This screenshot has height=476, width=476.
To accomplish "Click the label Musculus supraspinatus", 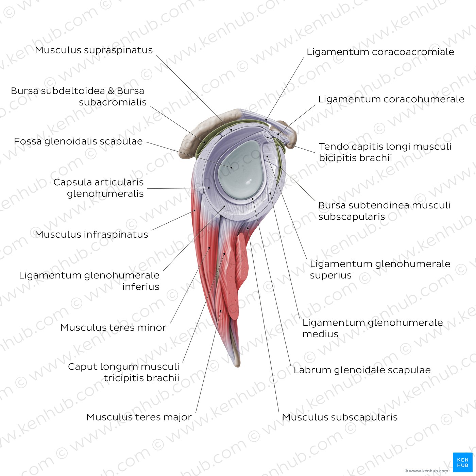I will point(94,50).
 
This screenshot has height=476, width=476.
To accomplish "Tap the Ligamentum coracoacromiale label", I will point(380,52).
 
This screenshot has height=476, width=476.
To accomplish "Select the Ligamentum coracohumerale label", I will point(391,99).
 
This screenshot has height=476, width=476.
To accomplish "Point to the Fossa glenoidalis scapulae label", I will point(78,141).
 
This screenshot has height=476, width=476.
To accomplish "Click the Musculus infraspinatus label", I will point(91,235).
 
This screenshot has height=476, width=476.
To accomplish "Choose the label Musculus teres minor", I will point(113,328).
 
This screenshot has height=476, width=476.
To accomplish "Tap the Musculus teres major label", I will point(139,417).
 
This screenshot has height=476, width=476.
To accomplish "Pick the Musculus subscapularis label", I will point(340,417).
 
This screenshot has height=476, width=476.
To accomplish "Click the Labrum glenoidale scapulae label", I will point(362,370).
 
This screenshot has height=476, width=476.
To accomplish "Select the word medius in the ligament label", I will point(320,334).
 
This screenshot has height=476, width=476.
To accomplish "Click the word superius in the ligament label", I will point(330,275).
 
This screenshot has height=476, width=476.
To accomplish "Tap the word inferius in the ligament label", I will point(141,287).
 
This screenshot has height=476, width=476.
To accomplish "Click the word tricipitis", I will point(123,378).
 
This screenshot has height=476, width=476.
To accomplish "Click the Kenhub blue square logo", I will point(462,462).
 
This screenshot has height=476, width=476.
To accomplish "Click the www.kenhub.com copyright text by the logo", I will point(426,471).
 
